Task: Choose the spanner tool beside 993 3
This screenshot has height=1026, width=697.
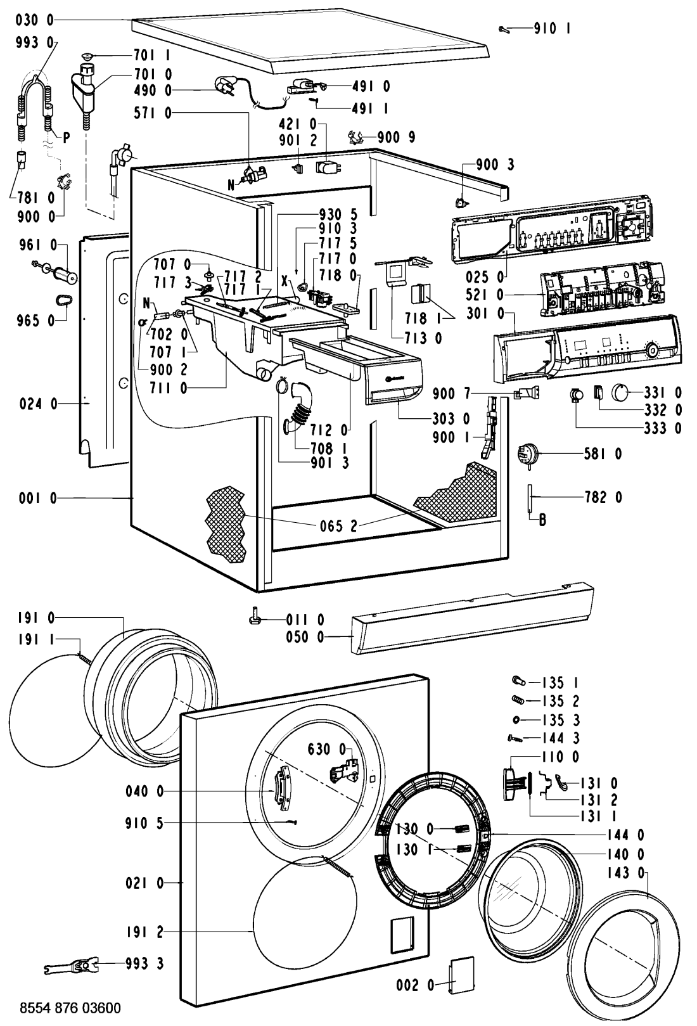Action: click(x=70, y=965)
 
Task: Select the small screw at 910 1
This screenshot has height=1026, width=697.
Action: click(x=504, y=28)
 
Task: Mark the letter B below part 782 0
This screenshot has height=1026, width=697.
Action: click(x=542, y=522)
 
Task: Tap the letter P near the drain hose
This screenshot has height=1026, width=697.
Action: click(x=65, y=138)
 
